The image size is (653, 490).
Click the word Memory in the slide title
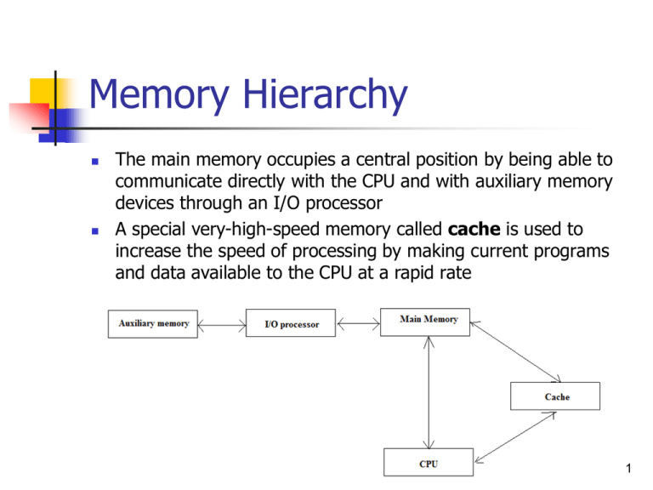(156, 95)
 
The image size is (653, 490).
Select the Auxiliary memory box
(153, 324)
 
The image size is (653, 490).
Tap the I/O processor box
(291, 324)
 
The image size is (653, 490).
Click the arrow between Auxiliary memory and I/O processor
(221, 324)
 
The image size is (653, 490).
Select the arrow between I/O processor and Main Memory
(359, 323)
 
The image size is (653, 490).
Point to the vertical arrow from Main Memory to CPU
(429, 391)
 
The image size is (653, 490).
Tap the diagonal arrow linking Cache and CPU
(515, 438)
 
